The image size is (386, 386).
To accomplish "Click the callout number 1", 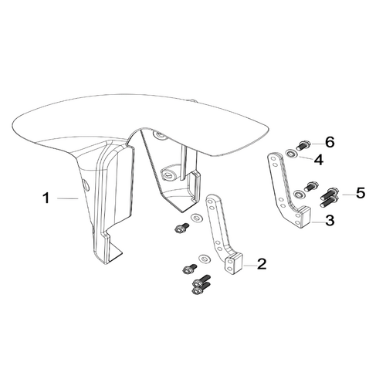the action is [46, 198].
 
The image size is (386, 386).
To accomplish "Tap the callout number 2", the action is [262, 264].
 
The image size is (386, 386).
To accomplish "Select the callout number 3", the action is [330, 221].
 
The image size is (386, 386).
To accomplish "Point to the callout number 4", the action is [319, 160].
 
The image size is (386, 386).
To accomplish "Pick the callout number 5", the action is [361, 193].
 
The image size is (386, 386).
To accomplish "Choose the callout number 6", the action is [330, 142].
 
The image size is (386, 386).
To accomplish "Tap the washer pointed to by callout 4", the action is [293, 154].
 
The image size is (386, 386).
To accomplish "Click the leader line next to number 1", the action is [67, 198].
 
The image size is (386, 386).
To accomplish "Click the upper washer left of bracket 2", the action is [197, 218].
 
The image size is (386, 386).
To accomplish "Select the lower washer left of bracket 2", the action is [205, 258].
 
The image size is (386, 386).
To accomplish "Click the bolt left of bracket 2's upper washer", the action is [181, 228].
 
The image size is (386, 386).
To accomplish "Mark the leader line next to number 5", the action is [348, 195].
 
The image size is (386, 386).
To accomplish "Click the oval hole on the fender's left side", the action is [86, 185].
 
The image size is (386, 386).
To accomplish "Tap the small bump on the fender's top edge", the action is [192, 100].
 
